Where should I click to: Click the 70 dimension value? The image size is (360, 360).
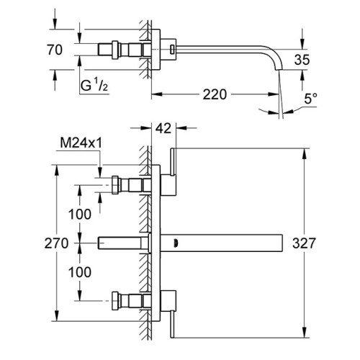(x=55, y=50)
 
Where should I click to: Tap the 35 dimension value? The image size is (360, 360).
(x=302, y=60)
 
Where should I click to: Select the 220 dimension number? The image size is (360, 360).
(x=215, y=94)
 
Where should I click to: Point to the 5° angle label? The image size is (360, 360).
(x=310, y=99)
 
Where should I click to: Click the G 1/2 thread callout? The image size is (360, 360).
(x=94, y=86)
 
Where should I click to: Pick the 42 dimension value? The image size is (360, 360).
(x=163, y=128)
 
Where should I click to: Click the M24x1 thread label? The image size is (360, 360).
(x=81, y=143)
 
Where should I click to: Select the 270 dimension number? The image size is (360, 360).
(x=56, y=243)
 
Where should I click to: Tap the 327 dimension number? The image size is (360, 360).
(x=304, y=243)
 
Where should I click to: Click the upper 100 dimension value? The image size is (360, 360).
(x=80, y=214)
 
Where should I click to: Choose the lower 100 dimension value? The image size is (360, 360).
(x=80, y=272)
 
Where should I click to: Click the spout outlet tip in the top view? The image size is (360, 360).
(x=279, y=70)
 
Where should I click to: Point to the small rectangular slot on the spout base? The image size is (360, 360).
(x=172, y=49)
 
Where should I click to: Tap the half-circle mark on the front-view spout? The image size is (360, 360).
(x=176, y=243)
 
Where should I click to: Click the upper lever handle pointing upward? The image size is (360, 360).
(x=174, y=162)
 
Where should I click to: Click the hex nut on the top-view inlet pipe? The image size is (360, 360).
(x=115, y=50)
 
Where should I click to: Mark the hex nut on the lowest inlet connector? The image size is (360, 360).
(x=115, y=301)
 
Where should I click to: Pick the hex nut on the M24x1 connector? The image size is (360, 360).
(x=115, y=185)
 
